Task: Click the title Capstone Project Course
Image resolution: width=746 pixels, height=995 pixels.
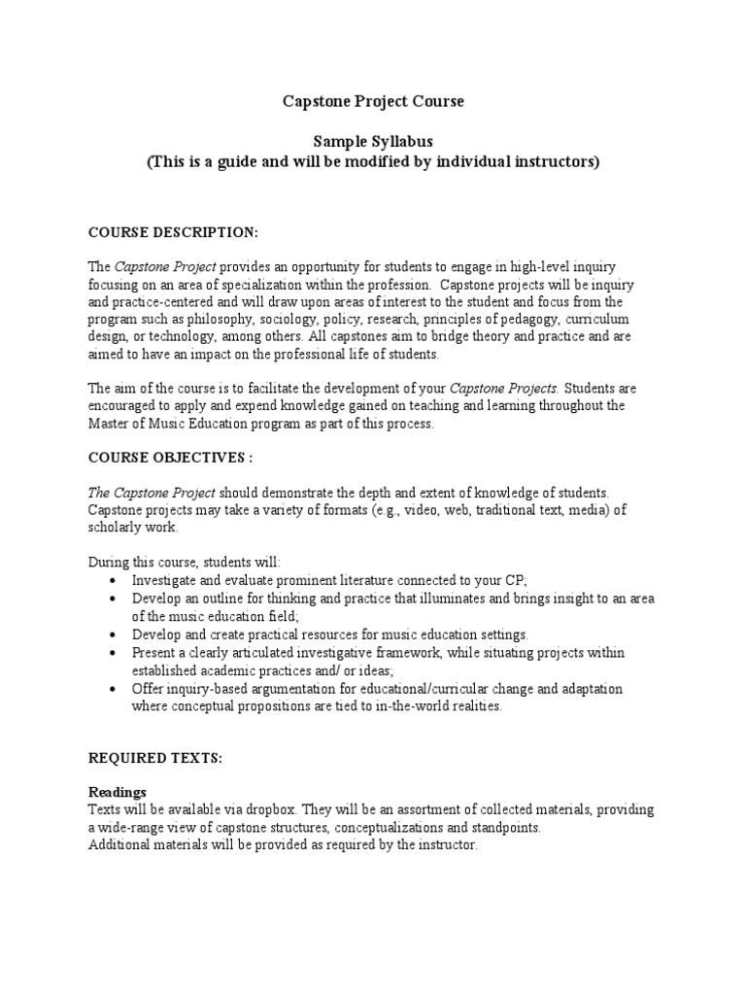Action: tap(373, 101)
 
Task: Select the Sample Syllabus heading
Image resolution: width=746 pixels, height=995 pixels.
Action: tap(373, 142)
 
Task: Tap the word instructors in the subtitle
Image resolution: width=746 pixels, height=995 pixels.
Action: tap(550, 162)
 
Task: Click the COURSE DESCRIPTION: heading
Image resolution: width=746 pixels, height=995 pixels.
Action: tap(174, 233)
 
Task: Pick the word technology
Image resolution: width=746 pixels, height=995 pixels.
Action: tap(172, 336)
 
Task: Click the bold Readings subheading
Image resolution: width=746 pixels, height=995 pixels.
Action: tap(118, 793)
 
